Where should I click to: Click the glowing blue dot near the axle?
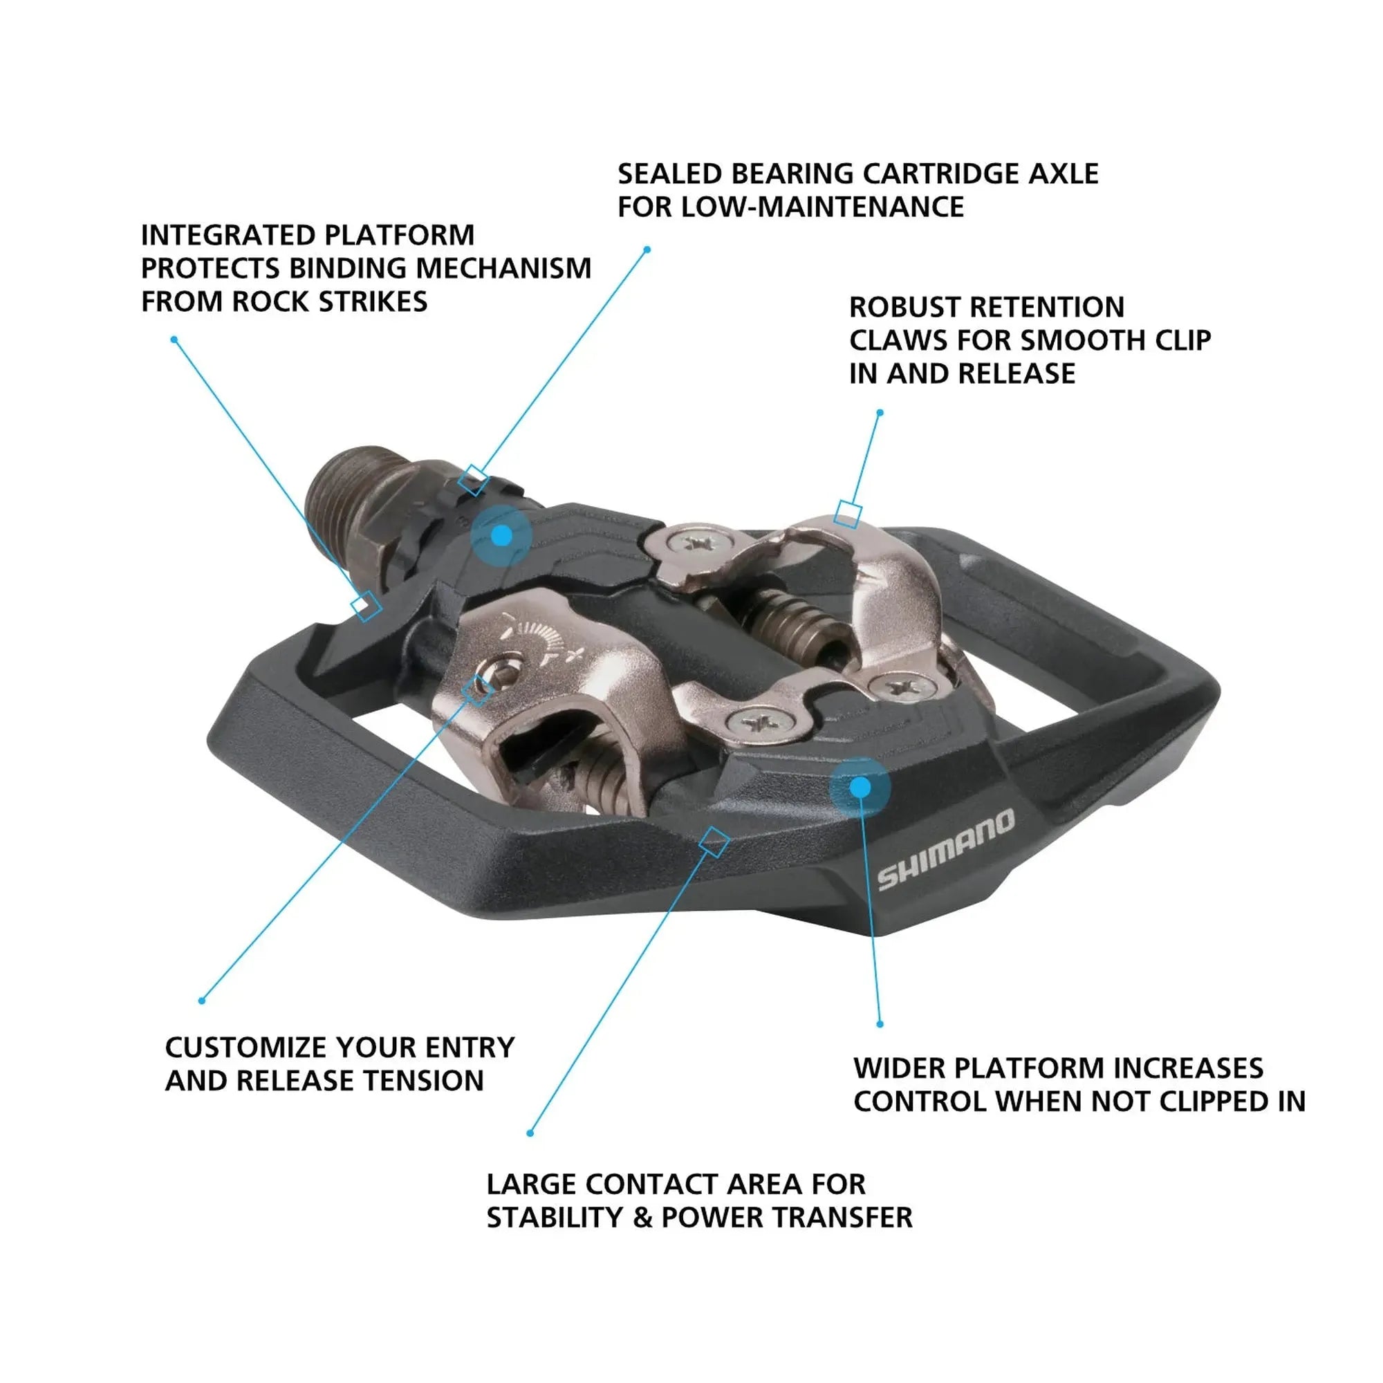pyautogui.click(x=502, y=535)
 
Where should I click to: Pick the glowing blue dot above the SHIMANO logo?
pyautogui.click(x=860, y=788)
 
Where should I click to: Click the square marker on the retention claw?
pyautogui.click(x=848, y=514)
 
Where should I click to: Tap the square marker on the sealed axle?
pyautogui.click(x=473, y=480)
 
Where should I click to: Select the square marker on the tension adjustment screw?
pyautogui.click(x=477, y=691)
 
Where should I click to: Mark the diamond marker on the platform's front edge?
pyautogui.click(x=714, y=842)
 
